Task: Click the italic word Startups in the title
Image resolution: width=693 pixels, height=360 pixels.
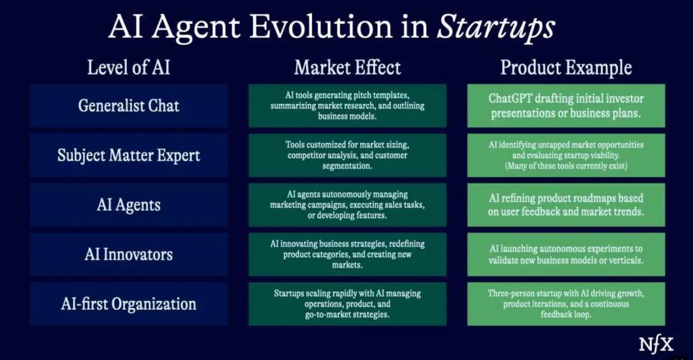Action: point(496,27)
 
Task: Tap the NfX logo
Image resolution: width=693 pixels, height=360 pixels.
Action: point(656,345)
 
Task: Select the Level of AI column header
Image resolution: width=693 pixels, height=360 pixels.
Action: point(128,67)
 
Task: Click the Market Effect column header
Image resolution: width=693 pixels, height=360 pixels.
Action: point(347,67)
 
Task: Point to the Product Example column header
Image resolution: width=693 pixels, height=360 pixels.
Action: point(566,67)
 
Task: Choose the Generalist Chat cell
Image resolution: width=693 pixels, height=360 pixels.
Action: point(128,106)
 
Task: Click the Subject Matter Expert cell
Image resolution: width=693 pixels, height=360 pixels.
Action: point(128,155)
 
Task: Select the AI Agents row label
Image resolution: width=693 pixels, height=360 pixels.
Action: point(128,205)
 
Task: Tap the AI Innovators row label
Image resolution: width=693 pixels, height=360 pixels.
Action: point(128,254)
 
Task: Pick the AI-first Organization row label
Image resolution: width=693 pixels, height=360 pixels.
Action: point(128,304)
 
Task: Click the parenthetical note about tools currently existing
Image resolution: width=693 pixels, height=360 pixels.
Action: point(566,166)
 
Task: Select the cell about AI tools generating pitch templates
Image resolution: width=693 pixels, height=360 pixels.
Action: point(347,106)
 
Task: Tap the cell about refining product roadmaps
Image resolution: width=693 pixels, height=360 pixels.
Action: point(566,205)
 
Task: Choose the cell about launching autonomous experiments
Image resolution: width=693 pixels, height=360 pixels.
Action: point(566,254)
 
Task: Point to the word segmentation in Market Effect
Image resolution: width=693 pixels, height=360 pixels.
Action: point(347,166)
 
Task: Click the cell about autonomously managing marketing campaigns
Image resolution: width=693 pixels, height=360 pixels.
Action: point(347,205)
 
